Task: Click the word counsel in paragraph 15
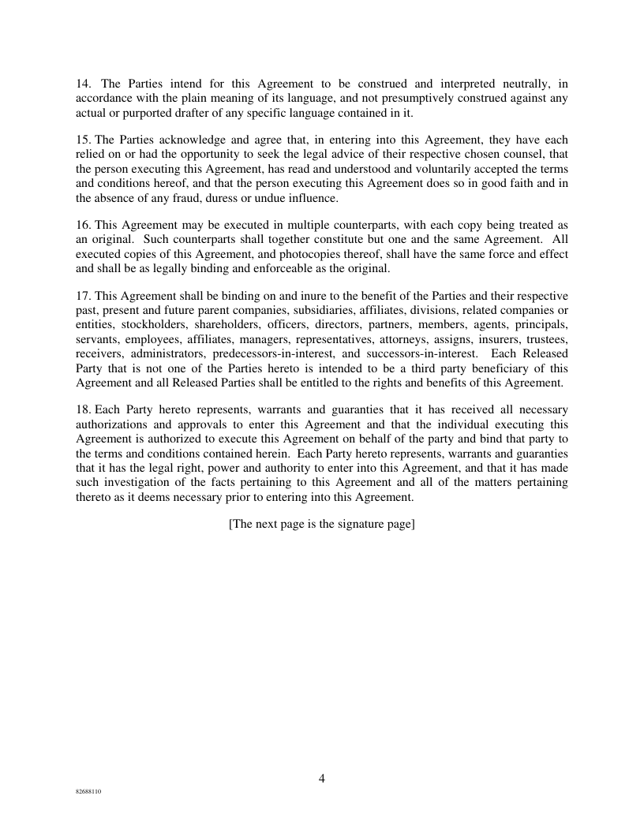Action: tap(507, 154)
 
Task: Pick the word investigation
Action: tap(137, 482)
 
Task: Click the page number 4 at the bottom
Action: tap(322, 779)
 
